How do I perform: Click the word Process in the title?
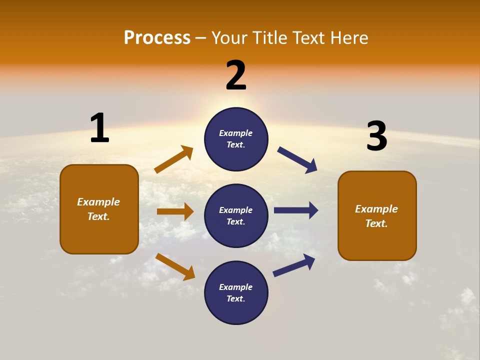157,38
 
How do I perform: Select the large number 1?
99,128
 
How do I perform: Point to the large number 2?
236,75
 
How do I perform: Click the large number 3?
376,136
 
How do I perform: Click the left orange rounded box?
99,209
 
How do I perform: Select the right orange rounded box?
377,215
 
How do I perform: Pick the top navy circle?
236,139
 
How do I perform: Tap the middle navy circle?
236,215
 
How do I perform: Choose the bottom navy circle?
236,292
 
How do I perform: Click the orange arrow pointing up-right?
174,159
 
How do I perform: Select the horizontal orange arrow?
175,211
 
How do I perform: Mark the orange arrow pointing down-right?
175,266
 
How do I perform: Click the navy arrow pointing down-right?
297,159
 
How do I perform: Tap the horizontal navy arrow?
296,210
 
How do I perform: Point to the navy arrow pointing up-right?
294,265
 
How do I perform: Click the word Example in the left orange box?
98,202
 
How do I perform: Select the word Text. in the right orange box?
376,223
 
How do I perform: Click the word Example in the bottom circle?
236,287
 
